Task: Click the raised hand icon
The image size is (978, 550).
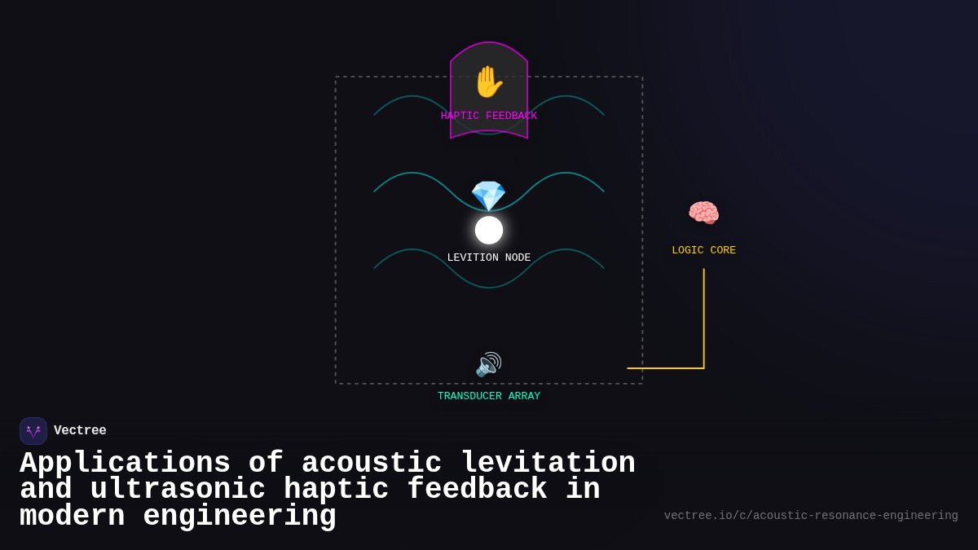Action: [x=488, y=82]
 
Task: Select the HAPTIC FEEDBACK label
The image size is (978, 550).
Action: [x=489, y=117]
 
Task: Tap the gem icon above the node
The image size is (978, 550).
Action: [x=488, y=196]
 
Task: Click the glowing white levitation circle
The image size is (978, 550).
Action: [x=489, y=230]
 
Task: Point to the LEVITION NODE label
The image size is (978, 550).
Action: [x=489, y=258]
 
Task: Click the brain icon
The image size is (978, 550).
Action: [x=703, y=213]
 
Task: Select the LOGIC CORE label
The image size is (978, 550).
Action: [x=703, y=251]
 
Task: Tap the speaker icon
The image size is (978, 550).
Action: [x=488, y=364]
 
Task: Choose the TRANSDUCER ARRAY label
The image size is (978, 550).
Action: [x=489, y=397]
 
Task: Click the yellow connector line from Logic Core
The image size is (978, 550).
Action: [x=704, y=326]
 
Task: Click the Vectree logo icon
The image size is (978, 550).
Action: [x=33, y=431]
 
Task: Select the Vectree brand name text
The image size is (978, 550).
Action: [x=80, y=431]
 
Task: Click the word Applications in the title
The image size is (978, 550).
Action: [x=125, y=464]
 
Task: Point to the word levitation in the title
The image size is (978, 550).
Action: [x=548, y=464]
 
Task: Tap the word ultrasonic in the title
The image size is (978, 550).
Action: [x=178, y=490]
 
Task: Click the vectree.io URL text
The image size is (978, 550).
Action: [x=811, y=516]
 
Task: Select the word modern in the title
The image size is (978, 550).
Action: [x=72, y=517]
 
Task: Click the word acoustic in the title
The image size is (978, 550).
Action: [x=372, y=464]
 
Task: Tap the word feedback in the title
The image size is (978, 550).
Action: [x=477, y=490]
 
